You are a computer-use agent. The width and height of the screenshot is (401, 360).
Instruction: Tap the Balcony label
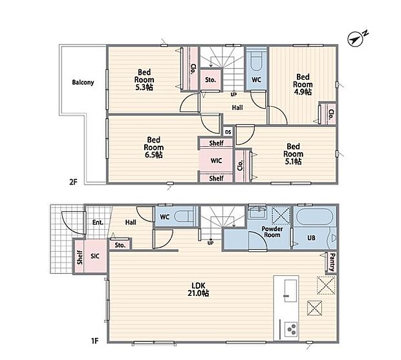(83, 82)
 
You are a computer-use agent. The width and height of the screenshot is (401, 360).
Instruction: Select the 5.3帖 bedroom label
(144, 80)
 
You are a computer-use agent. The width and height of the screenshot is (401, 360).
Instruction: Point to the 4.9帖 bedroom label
(303, 84)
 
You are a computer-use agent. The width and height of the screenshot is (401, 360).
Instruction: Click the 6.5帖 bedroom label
(153, 147)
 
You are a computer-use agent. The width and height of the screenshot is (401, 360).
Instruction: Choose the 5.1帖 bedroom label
(293, 154)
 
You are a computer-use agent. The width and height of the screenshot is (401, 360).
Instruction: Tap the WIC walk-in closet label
(216, 161)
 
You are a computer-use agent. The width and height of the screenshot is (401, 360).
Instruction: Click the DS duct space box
(228, 132)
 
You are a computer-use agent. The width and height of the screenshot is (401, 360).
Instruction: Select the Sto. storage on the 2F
(210, 80)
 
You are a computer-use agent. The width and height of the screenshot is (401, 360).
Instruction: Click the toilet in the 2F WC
(256, 62)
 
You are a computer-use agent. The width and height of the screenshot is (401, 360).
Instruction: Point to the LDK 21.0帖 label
(198, 289)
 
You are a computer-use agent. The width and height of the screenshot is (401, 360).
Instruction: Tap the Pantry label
(332, 262)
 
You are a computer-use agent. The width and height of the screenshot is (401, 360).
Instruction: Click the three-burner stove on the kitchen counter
(291, 330)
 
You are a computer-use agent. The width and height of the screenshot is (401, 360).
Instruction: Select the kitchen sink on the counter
(291, 291)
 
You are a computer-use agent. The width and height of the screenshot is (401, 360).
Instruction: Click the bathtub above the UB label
(314, 216)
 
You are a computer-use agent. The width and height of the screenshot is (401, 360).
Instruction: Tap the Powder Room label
(272, 232)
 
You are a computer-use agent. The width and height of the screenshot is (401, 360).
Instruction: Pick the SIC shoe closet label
(95, 256)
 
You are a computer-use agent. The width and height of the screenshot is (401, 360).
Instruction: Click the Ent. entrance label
(98, 222)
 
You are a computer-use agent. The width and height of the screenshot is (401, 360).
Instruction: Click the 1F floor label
(94, 341)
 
